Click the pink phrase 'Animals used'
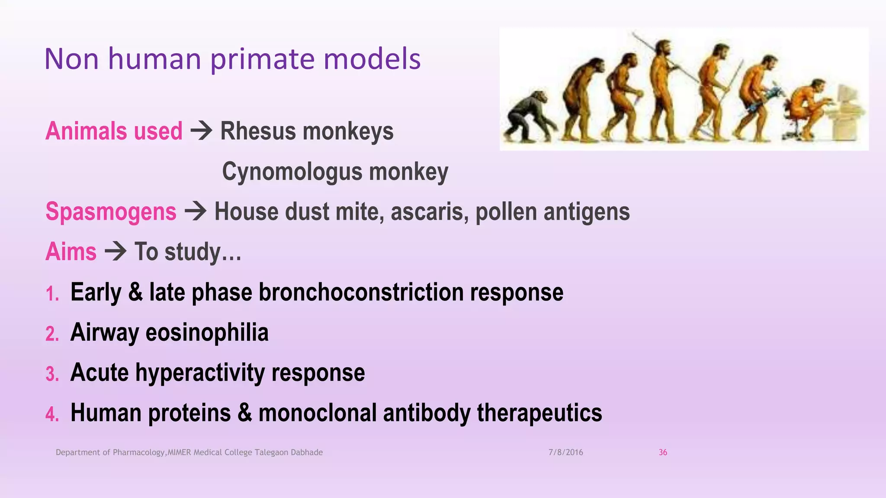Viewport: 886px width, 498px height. coord(114,131)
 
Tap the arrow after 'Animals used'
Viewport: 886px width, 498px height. coord(202,130)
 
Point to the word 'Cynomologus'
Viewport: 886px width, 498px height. coord(292,172)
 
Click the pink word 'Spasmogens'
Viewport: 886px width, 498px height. coord(111,212)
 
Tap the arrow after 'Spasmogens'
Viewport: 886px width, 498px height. coord(196,211)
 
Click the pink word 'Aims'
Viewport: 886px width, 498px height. coord(71,252)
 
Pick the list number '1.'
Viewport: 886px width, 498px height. coord(52,294)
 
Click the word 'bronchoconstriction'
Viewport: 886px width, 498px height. coord(361,292)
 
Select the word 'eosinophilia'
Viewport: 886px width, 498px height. coord(207,332)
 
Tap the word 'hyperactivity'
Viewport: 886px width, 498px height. coord(200,373)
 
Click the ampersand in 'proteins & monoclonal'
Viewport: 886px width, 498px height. coord(244,412)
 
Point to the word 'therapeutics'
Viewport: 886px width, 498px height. coord(539,412)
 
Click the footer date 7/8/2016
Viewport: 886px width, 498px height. coord(565,452)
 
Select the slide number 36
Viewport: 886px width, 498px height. coord(663,452)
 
